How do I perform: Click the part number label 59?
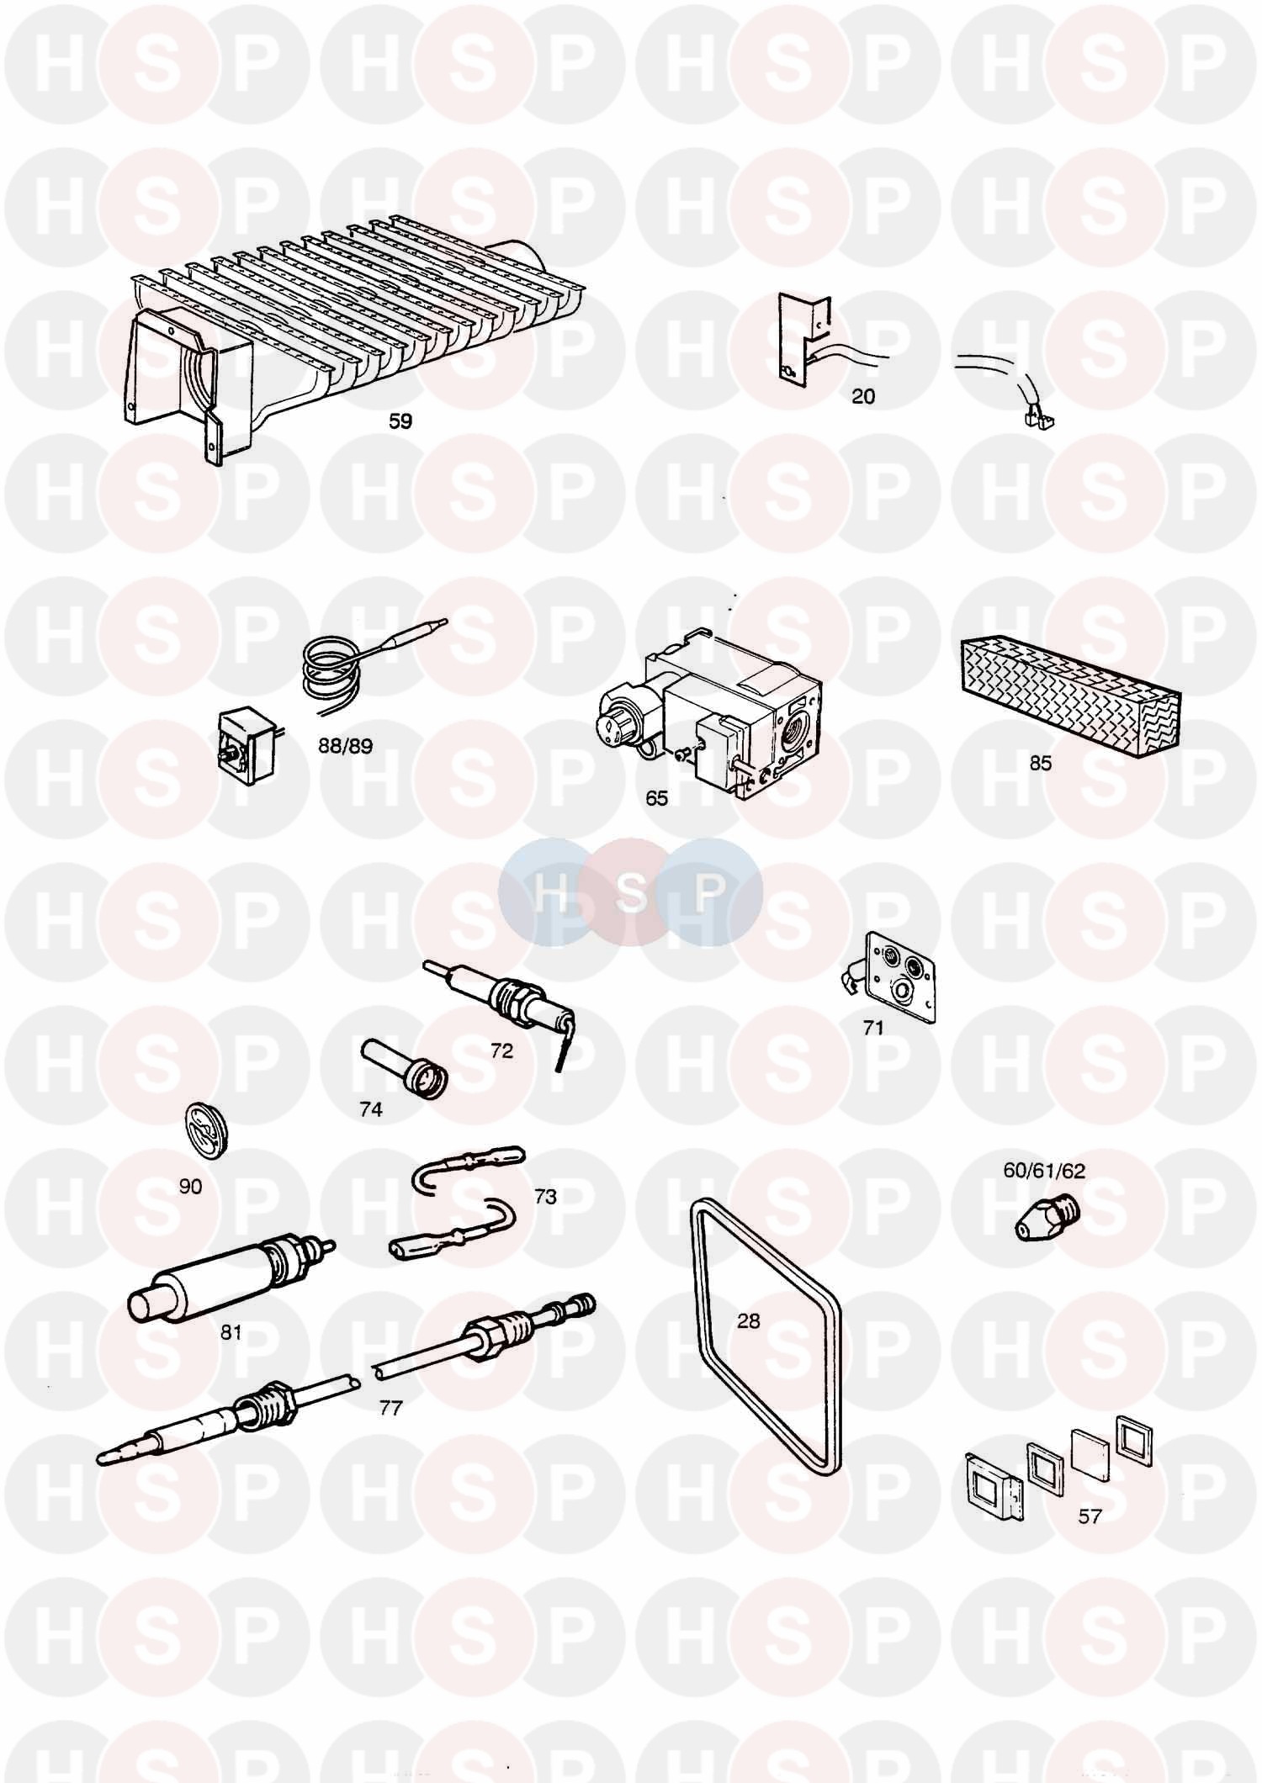click(x=400, y=421)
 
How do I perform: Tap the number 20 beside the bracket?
click(x=863, y=396)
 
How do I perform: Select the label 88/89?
click(x=345, y=746)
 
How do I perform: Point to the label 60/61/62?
click(x=1043, y=1170)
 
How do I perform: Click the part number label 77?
click(x=390, y=1407)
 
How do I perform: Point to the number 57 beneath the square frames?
click(x=1090, y=1516)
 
